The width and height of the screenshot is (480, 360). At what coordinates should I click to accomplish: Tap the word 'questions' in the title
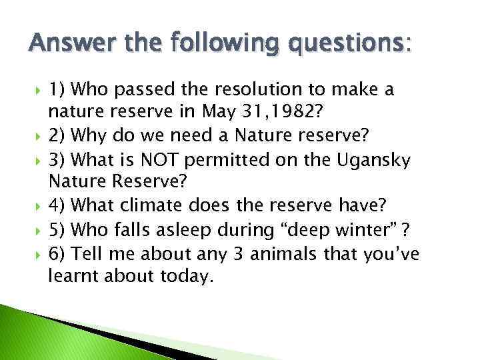(x=354, y=45)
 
